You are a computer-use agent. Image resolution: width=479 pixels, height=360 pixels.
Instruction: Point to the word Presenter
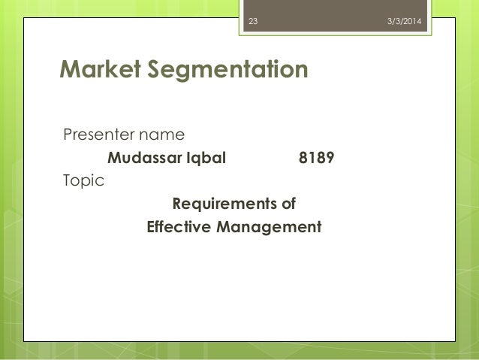point(94,136)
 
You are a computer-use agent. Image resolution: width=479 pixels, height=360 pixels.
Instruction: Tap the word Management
point(268,226)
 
